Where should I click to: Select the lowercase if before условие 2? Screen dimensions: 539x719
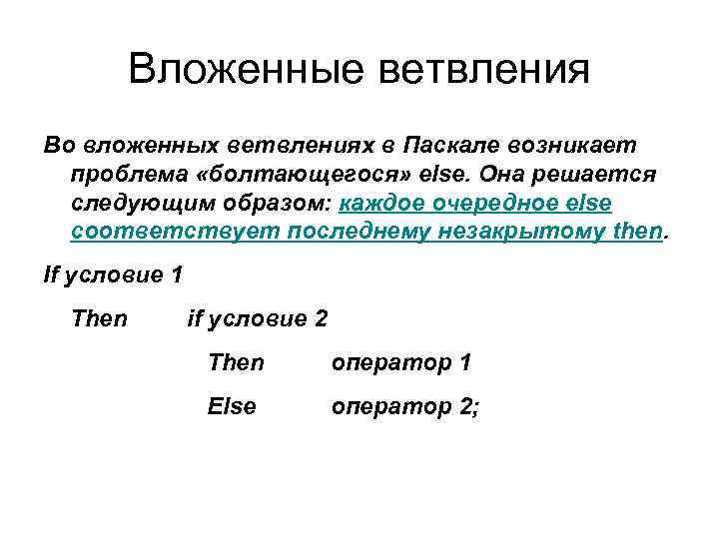[196, 319]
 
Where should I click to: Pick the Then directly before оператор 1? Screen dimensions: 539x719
[236, 362]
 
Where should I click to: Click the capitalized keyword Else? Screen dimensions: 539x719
[232, 406]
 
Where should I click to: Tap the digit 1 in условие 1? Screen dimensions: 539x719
[177, 275]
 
